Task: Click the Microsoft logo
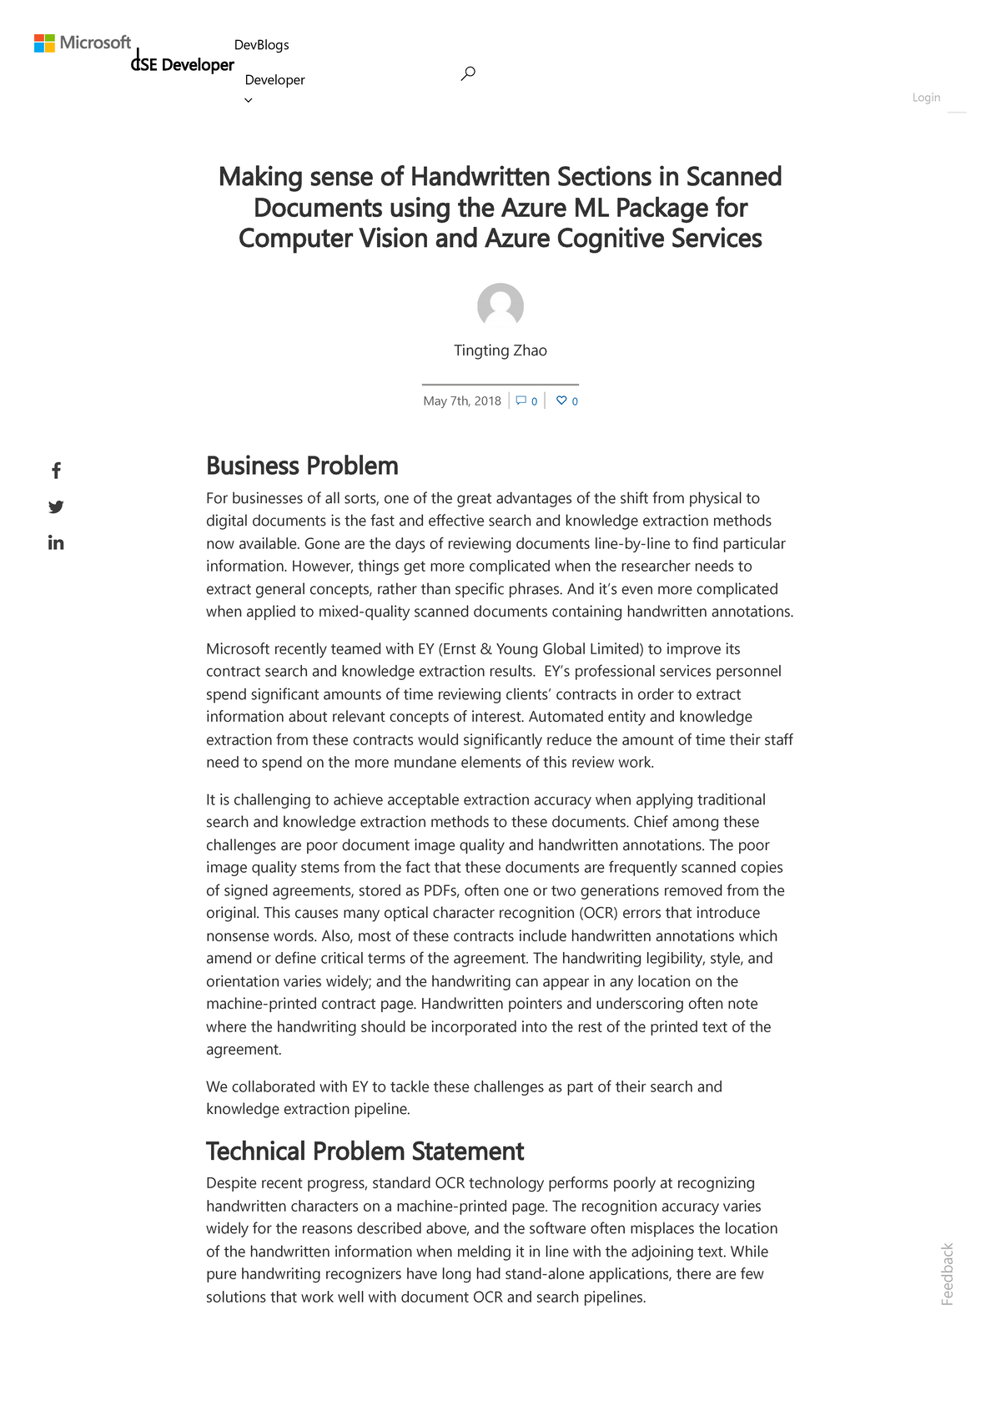[x=83, y=43]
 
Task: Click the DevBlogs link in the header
[x=261, y=45]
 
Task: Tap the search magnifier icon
[x=468, y=73]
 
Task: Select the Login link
[x=926, y=98]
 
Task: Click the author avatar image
[x=500, y=306]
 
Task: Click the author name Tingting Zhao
[x=500, y=350]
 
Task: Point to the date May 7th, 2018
[x=462, y=401]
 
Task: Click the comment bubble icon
[x=521, y=401]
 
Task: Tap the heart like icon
[x=561, y=401]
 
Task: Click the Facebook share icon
[x=56, y=471]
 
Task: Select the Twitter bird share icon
[x=56, y=506]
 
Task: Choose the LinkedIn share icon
[x=56, y=543]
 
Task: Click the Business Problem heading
[x=302, y=466]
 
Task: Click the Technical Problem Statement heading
[x=365, y=1151]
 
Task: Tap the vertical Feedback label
[x=947, y=1274]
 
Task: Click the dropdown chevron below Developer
[x=248, y=100]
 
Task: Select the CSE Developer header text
[x=184, y=65]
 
